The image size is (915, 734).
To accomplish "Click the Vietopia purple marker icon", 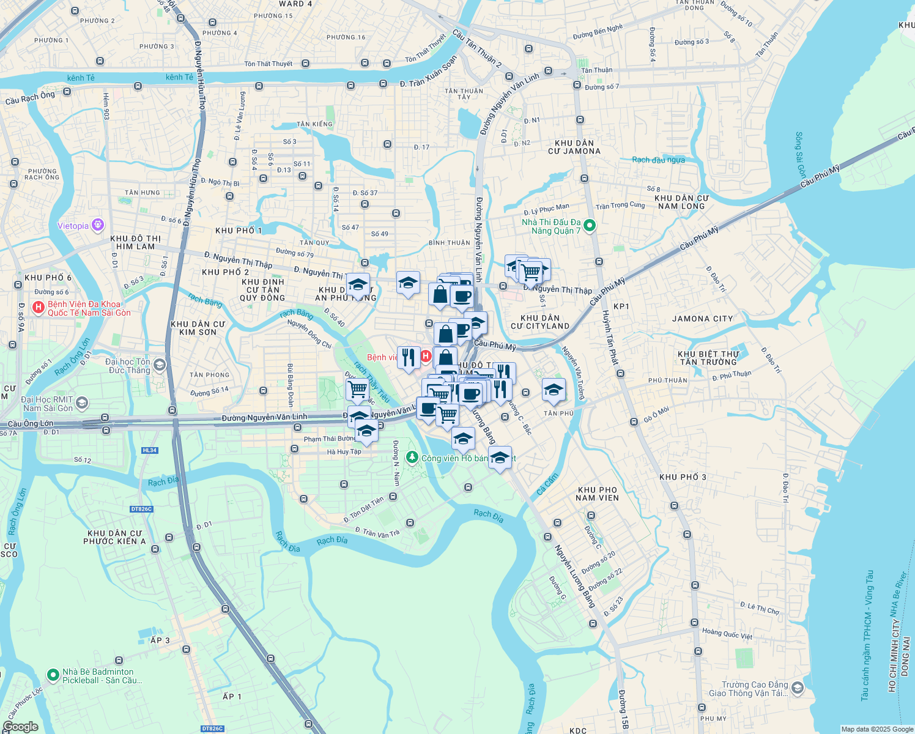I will click(97, 226).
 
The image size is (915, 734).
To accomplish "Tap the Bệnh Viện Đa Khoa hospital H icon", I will click(39, 308).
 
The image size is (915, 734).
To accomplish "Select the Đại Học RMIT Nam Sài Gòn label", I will click(48, 404).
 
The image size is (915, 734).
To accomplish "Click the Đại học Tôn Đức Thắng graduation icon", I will click(159, 366).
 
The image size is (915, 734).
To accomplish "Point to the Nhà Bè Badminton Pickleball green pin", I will click(53, 675).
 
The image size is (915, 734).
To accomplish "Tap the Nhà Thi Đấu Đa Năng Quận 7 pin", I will click(589, 226).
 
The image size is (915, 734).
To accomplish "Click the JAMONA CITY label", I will click(702, 319).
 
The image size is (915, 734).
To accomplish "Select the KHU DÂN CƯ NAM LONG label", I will click(681, 202).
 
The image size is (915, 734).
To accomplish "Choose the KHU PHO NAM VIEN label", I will click(598, 494).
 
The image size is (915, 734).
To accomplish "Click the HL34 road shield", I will click(149, 450).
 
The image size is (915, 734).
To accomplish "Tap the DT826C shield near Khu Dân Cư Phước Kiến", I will click(141, 509).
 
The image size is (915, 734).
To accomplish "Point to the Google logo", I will click(20, 727).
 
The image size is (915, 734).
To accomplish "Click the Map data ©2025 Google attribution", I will click(876, 729).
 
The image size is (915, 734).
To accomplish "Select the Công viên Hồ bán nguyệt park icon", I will click(412, 458).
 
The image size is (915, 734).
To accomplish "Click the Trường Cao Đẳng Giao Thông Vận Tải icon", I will click(797, 689).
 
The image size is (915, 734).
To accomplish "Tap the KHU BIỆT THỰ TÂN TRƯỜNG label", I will click(709, 358).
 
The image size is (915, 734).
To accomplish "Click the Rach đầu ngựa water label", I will click(658, 160).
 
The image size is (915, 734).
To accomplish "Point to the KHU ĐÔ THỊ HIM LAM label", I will click(135, 242).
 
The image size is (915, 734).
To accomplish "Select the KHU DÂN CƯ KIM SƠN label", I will click(198, 328).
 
